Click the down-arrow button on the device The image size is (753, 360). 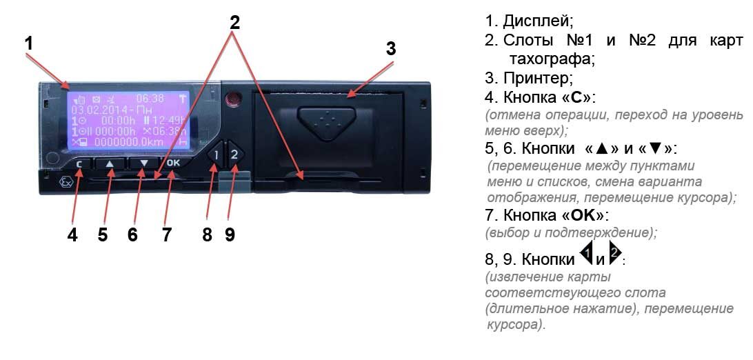(143, 164)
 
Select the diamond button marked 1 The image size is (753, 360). (215, 155)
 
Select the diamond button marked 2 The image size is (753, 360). (234, 154)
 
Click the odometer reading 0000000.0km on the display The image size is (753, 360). (132, 141)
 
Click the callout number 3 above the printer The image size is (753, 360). (390, 49)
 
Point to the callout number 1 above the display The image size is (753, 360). (28, 43)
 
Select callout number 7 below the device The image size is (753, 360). (166, 234)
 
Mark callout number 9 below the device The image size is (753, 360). (230, 234)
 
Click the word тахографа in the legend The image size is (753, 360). (552, 59)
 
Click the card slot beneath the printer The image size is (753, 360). (324, 181)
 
